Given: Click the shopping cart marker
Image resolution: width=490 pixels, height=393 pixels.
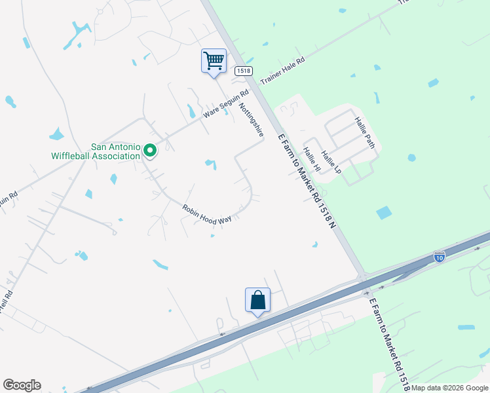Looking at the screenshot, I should pos(214,61).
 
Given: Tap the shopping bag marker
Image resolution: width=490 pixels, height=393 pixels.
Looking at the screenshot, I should pos(257,301).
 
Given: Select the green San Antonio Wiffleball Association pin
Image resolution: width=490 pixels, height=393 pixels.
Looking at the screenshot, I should pos(150,151).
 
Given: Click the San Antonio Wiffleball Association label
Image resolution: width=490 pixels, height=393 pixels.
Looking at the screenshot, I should pos(96,151).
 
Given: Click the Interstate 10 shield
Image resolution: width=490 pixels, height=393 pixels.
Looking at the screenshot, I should pos(439,256).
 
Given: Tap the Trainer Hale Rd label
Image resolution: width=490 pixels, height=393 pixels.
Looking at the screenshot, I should pos(283,71).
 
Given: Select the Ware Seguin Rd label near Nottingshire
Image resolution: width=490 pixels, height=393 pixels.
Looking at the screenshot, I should pos(226,103).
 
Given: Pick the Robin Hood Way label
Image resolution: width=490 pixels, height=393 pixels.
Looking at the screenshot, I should pos(207,214).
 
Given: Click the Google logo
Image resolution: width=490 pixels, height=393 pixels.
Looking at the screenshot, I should pos(22,385).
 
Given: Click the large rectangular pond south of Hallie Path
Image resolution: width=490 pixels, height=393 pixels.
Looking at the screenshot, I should pos(384,212).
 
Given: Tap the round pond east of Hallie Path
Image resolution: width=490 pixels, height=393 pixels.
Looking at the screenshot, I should pos(411,158).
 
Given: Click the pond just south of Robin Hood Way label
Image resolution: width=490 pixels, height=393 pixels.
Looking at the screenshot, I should pos(212,236).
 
